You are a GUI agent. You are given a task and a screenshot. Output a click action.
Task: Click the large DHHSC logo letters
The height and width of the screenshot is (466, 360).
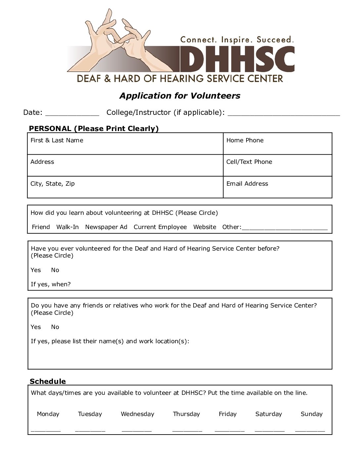237,59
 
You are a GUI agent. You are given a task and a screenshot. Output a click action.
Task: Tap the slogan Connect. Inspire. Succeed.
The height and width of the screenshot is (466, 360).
237,40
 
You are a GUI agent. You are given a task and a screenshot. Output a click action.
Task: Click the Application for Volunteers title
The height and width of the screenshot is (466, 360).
180,96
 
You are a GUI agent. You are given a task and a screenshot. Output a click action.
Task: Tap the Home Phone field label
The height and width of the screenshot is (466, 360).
245,140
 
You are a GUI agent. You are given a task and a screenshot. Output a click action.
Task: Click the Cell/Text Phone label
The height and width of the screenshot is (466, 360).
249,162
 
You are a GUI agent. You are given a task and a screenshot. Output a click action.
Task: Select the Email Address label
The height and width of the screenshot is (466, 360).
247,184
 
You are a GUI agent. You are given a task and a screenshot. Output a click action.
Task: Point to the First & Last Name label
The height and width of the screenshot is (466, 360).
57,140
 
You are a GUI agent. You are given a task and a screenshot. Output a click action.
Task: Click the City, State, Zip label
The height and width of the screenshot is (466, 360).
53,184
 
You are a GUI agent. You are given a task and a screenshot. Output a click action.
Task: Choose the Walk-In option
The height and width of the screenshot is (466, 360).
67,227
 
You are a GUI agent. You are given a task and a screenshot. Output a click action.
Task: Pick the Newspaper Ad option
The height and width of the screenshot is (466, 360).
106,227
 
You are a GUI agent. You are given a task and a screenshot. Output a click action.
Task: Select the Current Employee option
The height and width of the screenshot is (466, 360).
160,227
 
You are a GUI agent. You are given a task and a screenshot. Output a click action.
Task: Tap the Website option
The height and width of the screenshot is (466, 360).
205,227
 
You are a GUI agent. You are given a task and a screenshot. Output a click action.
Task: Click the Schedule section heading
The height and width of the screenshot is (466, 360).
48,381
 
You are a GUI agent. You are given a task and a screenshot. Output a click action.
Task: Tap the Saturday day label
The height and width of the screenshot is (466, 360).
269,414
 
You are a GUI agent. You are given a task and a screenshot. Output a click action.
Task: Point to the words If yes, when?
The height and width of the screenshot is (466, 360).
51,284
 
